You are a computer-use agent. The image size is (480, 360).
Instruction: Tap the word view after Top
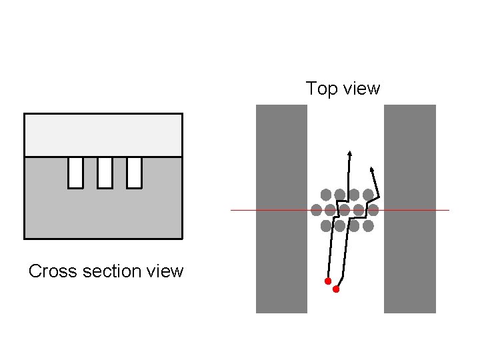click(359, 89)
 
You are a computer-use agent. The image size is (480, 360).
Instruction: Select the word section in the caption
click(105, 271)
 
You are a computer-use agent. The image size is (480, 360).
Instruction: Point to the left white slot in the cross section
click(75, 172)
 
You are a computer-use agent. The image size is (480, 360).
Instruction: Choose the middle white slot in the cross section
click(105, 172)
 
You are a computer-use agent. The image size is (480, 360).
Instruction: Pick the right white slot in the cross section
click(134, 172)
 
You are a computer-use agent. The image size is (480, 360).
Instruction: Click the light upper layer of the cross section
click(103, 135)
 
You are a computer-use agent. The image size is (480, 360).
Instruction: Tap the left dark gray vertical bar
click(281, 208)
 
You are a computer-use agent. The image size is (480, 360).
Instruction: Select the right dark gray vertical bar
click(409, 208)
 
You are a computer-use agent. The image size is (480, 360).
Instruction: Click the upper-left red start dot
click(328, 281)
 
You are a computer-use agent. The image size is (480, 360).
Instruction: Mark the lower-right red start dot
click(336, 289)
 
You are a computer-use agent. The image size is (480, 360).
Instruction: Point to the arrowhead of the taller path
click(349, 154)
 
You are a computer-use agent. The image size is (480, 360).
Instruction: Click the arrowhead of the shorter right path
click(371, 167)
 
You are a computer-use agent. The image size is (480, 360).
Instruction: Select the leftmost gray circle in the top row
click(326, 195)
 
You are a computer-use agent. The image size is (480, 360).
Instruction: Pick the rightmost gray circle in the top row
click(368, 195)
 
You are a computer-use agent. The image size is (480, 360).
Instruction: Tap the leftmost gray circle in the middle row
click(317, 211)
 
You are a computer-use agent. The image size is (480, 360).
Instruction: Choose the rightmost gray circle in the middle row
click(373, 211)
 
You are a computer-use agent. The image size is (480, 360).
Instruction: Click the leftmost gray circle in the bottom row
click(326, 226)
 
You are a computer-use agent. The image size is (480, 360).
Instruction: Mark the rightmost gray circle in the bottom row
click(368, 226)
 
